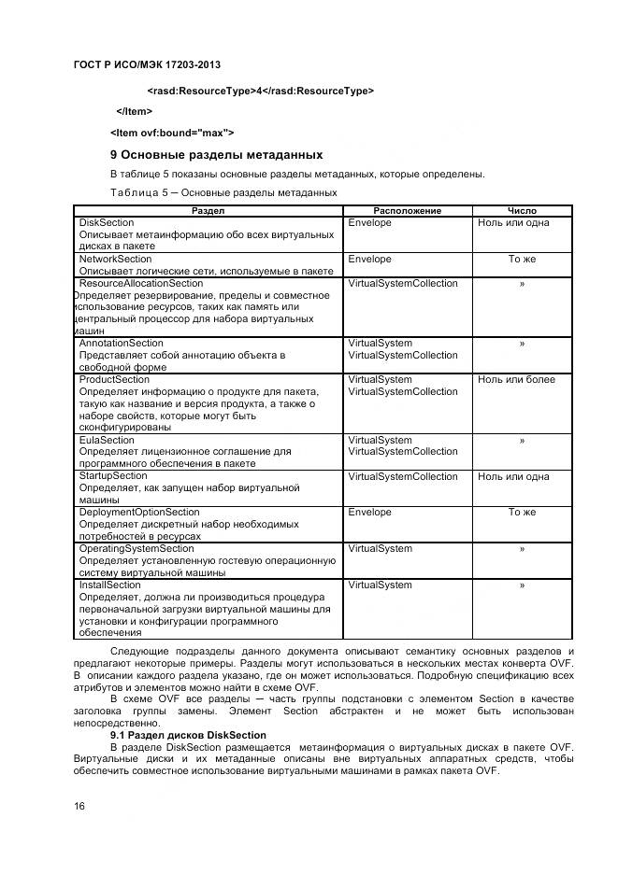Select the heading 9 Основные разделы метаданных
click(216, 154)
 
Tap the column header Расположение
click(407, 211)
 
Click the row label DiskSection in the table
click(107, 223)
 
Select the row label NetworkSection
click(116, 259)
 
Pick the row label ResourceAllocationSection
click(141, 283)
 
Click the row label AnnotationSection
click(122, 344)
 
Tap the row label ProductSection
click(114, 379)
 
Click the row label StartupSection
click(113, 476)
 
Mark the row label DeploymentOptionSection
click(139, 512)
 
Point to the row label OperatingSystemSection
click(137, 549)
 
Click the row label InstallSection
click(110, 585)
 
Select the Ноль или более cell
click(516, 379)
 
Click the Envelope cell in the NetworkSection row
click(370, 259)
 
